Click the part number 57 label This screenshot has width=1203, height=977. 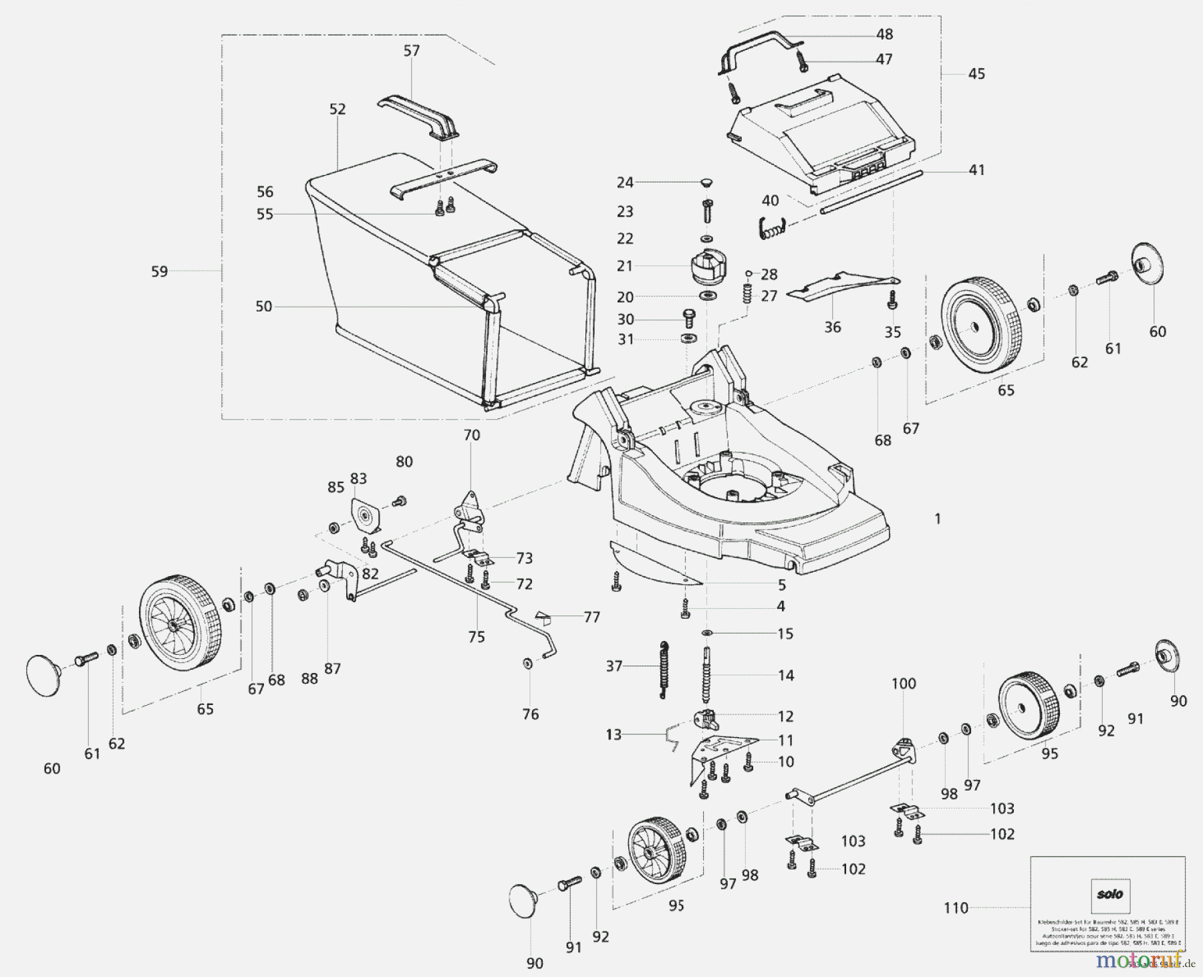(412, 51)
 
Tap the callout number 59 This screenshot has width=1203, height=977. (159, 272)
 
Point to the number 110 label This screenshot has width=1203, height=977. (956, 908)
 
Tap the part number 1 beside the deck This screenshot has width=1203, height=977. (938, 519)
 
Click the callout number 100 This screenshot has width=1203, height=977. (904, 684)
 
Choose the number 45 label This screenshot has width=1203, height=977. (976, 74)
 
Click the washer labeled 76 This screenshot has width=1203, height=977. (527, 663)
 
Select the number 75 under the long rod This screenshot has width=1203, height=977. (476, 637)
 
